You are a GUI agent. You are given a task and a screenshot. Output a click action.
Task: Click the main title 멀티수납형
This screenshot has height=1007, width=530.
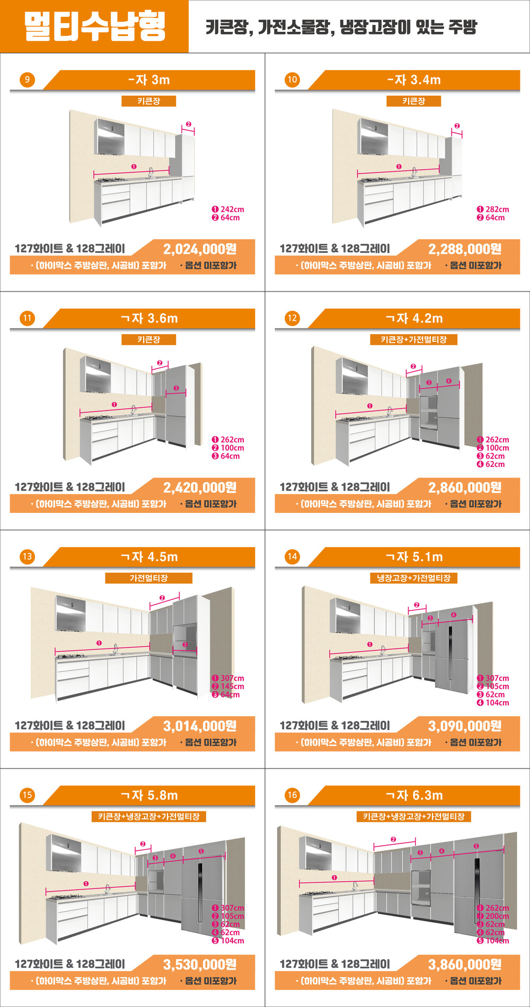pyautogui.click(x=95, y=26)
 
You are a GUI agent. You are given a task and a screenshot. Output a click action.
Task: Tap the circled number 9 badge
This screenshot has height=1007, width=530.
pyautogui.click(x=27, y=79)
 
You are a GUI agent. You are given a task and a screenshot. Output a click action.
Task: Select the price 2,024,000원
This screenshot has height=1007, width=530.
pyautogui.click(x=200, y=249)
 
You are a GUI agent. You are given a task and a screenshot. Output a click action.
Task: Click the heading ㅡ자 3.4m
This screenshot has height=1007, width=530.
pyautogui.click(x=414, y=80)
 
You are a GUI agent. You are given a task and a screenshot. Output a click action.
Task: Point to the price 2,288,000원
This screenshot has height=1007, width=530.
pyautogui.click(x=465, y=249)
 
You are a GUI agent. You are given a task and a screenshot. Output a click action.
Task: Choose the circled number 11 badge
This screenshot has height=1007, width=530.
pyautogui.click(x=27, y=318)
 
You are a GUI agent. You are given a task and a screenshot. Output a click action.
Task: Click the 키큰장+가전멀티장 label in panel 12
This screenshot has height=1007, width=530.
pyautogui.click(x=414, y=339)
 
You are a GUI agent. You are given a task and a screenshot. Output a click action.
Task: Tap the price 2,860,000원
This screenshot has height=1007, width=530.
pyautogui.click(x=465, y=488)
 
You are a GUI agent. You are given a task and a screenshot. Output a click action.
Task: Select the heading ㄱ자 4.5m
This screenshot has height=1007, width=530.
pyautogui.click(x=149, y=557)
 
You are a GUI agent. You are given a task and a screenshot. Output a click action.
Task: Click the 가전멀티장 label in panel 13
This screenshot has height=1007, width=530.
pyautogui.click(x=149, y=578)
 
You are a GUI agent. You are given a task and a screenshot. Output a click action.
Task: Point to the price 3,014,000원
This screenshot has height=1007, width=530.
pyautogui.click(x=200, y=726)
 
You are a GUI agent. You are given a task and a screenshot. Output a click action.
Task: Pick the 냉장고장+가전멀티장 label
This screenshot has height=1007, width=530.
pyautogui.click(x=414, y=578)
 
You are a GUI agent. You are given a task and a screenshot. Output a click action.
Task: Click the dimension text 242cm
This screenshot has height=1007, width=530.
pyautogui.click(x=232, y=209)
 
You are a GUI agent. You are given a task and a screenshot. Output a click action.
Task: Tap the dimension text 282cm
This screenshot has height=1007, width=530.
pyautogui.click(x=497, y=209)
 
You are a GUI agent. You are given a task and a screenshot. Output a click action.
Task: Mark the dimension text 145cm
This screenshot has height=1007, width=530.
pyautogui.click(x=232, y=686)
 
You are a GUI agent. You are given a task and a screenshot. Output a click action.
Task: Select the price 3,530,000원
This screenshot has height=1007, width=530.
pyautogui.click(x=200, y=965)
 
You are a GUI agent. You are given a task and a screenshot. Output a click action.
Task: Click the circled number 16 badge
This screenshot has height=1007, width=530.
pyautogui.click(x=292, y=795)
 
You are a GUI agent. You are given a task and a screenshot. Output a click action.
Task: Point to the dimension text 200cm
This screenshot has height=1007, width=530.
pyautogui.click(x=497, y=916)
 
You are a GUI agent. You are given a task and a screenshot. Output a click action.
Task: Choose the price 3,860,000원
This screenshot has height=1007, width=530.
pyautogui.click(x=465, y=965)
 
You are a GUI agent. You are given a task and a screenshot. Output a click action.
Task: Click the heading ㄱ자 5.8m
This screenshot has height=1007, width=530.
pyautogui.click(x=149, y=796)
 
